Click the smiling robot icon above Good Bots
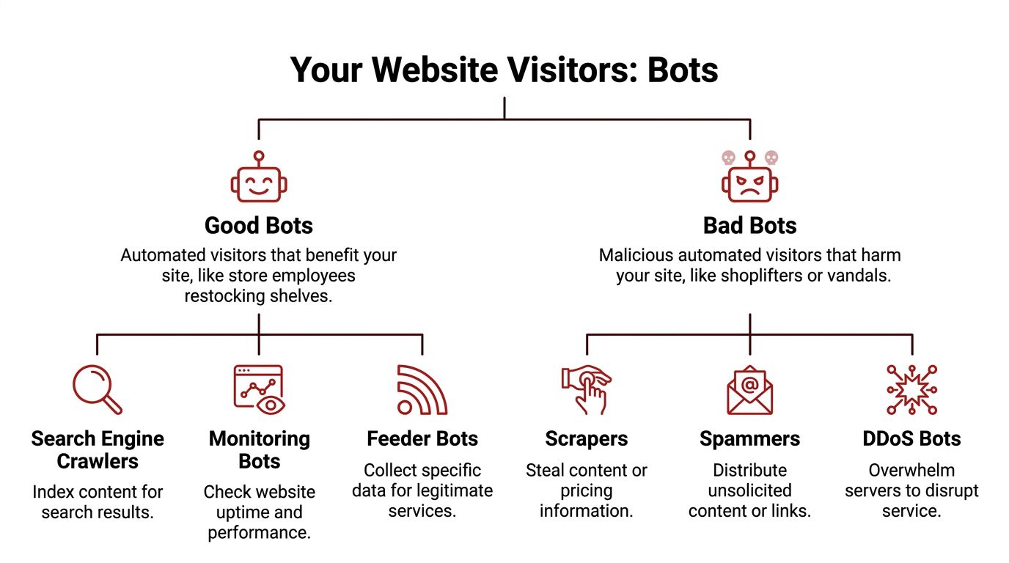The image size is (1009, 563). (258, 178)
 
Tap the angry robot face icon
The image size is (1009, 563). (749, 180)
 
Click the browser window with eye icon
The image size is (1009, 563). (259, 389)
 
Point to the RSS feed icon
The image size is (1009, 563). (421, 389)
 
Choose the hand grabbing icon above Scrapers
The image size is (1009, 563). (587, 389)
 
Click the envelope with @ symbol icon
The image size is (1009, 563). (749, 389)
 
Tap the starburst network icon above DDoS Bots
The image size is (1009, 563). (911, 389)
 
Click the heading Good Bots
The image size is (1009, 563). (258, 225)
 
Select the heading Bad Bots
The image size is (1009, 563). (749, 225)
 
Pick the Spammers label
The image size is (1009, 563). (749, 439)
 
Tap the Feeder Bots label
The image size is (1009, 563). (422, 439)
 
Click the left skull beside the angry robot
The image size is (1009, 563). (728, 157)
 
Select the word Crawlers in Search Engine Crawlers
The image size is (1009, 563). (98, 461)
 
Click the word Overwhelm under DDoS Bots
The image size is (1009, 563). (911, 470)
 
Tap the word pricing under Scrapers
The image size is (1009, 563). (587, 490)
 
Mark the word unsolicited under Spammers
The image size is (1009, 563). (749, 490)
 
